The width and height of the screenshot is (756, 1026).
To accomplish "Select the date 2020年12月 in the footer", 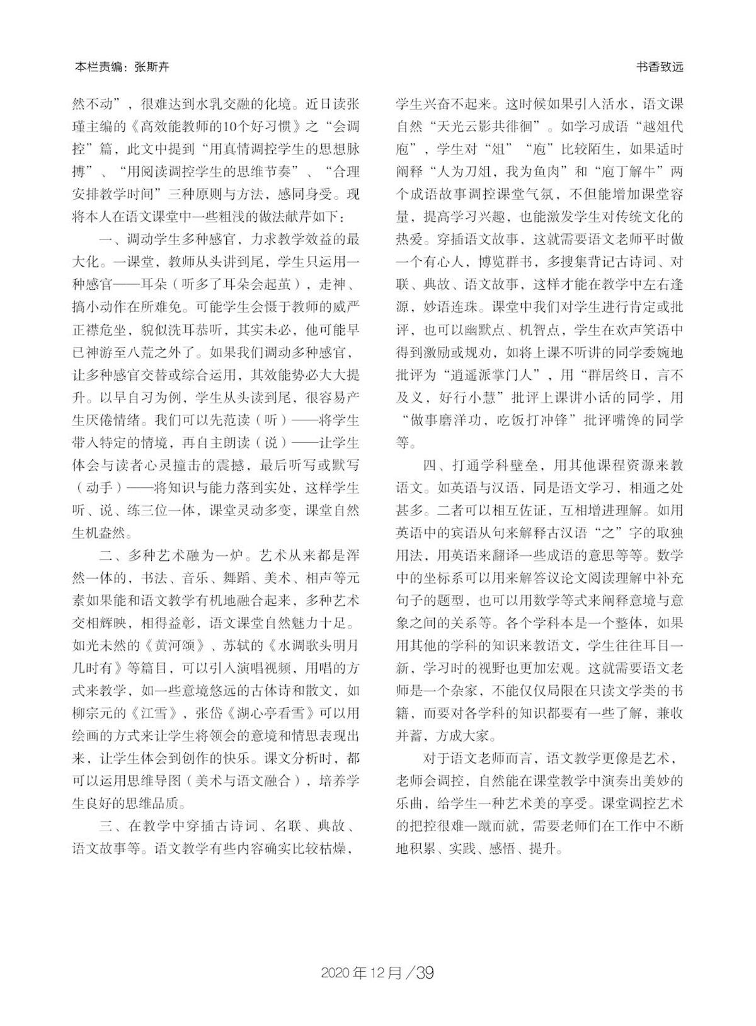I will coord(362,972).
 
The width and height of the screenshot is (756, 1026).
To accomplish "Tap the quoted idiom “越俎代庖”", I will coord(655,125).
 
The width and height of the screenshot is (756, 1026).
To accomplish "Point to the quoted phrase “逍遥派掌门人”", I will coord(492,375).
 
